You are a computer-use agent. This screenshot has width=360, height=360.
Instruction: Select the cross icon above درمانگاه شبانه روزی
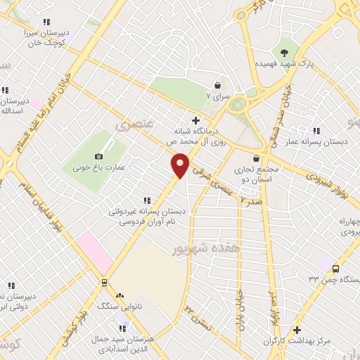pos(195,120)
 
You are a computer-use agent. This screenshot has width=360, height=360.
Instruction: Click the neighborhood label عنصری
pos(131,124)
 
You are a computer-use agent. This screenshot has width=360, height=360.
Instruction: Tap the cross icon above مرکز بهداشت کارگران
pos(297,330)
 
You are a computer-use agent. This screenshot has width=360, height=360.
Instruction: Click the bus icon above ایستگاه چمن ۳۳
pos(335,269)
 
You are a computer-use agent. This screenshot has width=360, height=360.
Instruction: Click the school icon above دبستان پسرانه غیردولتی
pos(146,200)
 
